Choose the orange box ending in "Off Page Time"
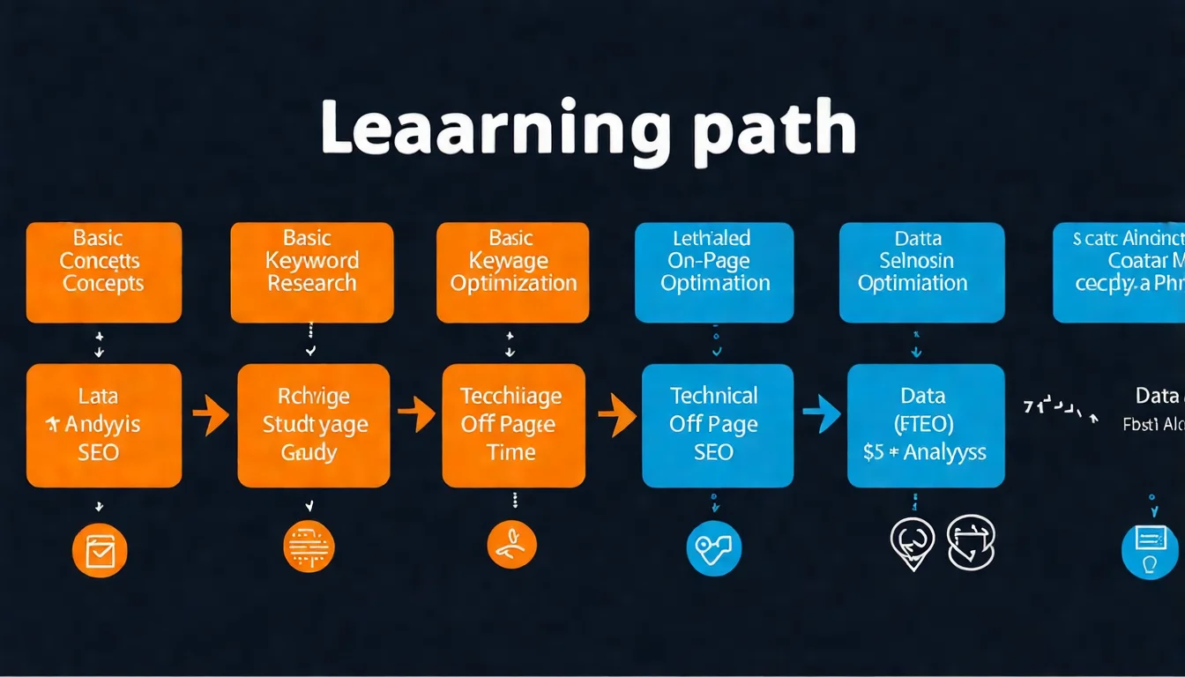click(513, 425)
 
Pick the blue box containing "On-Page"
click(714, 272)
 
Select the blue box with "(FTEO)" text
click(926, 425)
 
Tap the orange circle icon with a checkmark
click(100, 551)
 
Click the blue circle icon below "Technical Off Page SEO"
click(713, 548)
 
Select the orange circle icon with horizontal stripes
click(309, 547)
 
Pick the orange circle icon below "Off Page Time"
click(512, 545)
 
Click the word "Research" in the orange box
click(312, 284)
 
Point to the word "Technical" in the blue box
click(714, 396)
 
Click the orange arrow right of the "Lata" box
click(211, 414)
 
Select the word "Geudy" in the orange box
click(309, 453)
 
